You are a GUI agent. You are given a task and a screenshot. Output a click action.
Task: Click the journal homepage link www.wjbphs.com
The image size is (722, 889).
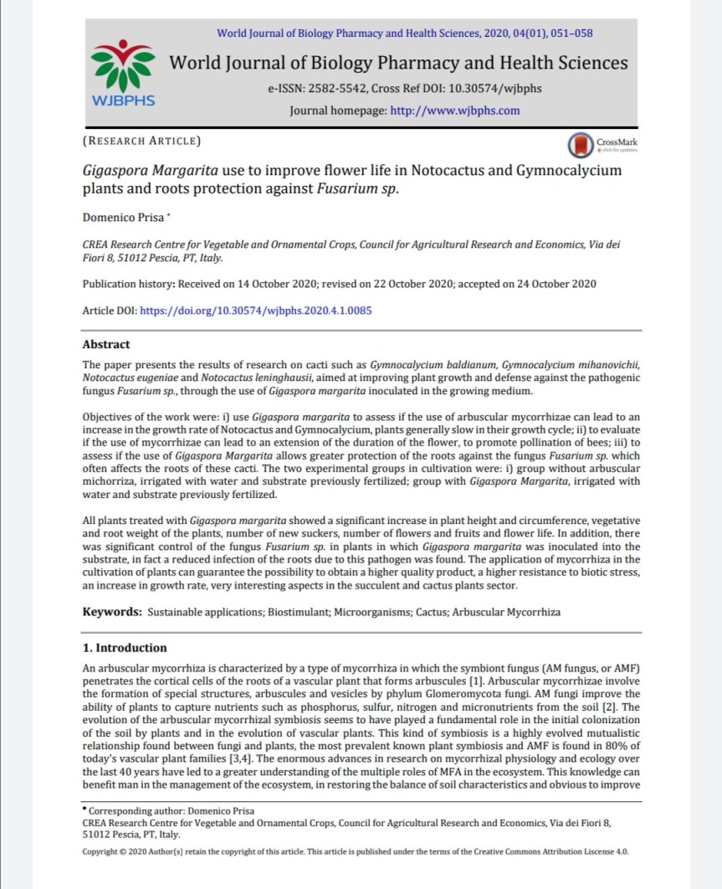pyautogui.click(x=455, y=110)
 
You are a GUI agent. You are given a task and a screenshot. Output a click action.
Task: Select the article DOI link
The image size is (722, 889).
pyautogui.click(x=256, y=310)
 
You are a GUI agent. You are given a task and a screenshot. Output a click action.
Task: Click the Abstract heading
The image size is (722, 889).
pyautogui.click(x=106, y=344)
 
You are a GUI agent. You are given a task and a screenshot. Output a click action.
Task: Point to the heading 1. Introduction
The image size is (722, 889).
pyautogui.click(x=125, y=648)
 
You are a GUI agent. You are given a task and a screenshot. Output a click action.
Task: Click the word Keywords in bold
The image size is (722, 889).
pyautogui.click(x=111, y=612)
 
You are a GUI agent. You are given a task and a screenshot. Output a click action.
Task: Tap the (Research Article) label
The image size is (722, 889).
pyautogui.click(x=142, y=141)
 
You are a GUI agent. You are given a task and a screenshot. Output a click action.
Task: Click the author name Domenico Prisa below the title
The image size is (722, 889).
pyautogui.click(x=123, y=218)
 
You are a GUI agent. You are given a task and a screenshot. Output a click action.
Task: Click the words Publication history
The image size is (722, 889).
pyautogui.click(x=128, y=283)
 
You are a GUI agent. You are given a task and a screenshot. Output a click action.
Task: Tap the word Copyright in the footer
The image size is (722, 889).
pyautogui.click(x=103, y=851)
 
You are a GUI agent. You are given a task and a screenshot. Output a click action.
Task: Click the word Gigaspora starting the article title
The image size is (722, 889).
pyautogui.click(x=118, y=171)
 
